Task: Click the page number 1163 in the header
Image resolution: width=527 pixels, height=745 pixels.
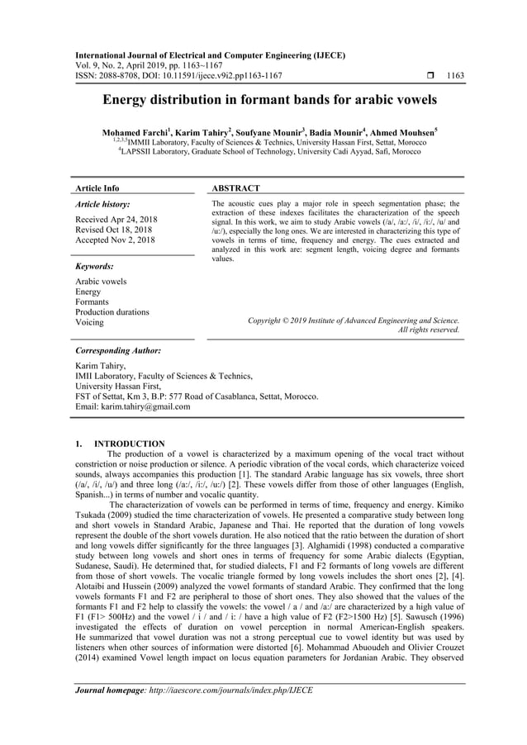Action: [453, 76]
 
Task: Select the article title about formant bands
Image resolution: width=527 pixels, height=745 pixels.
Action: [269, 101]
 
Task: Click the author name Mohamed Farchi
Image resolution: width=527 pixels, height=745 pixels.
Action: [135, 132]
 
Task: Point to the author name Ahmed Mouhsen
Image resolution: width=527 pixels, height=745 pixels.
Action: [404, 132]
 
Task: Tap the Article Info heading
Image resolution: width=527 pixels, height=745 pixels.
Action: [97, 188]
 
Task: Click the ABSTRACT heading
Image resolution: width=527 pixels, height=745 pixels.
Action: [236, 188]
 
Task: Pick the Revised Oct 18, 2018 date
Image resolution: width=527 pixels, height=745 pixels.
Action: [113, 230]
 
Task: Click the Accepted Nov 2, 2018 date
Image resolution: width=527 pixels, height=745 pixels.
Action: [114, 240]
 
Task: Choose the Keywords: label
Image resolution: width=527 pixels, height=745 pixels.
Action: [94, 266]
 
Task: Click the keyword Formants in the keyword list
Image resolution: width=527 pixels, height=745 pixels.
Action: [93, 301]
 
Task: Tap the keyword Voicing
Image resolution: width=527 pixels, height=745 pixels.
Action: [90, 323]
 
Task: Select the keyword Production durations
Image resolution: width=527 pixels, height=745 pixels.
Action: [112, 312]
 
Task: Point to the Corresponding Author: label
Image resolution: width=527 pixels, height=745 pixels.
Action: [117, 350]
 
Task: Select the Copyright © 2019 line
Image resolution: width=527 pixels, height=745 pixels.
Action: [354, 320]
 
